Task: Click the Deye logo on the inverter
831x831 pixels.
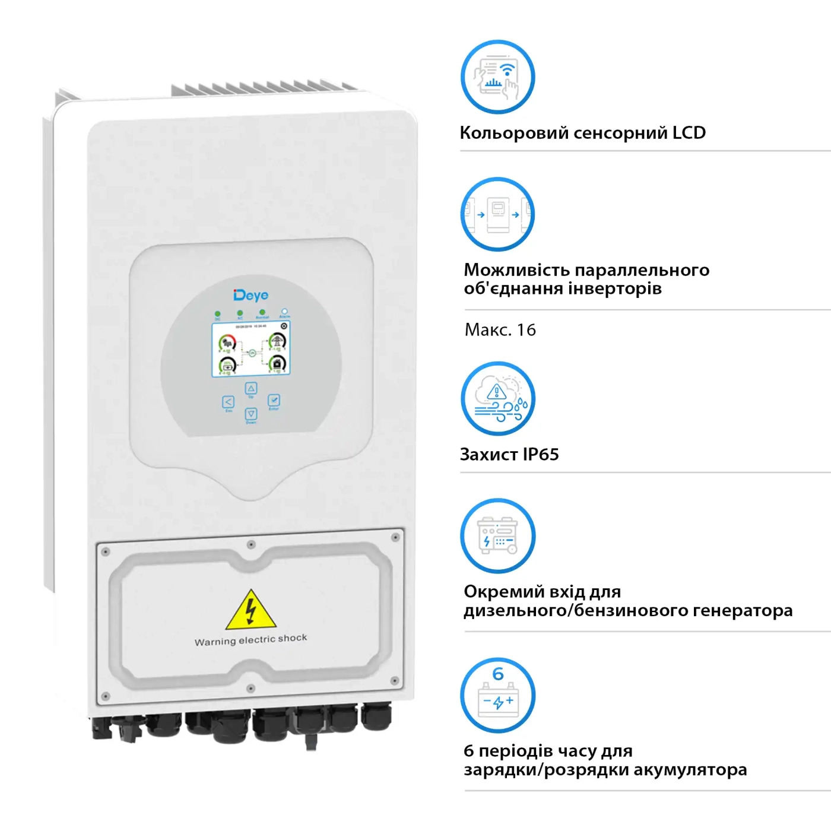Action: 251,295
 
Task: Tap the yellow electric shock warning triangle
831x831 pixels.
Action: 251,611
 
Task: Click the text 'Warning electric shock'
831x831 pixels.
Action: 251,640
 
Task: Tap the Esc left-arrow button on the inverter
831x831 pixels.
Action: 229,402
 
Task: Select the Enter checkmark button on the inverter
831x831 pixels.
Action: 274,401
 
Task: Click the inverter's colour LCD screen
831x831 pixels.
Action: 251,350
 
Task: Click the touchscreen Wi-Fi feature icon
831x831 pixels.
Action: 497,77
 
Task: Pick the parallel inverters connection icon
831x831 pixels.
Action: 497,214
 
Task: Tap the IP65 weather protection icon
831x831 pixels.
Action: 497,399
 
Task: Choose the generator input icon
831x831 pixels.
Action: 497,536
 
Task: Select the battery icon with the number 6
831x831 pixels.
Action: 497,695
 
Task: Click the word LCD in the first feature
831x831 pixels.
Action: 689,132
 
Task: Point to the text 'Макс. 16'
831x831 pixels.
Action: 500,330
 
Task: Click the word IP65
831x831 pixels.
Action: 541,455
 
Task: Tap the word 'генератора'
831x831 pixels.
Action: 743,611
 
